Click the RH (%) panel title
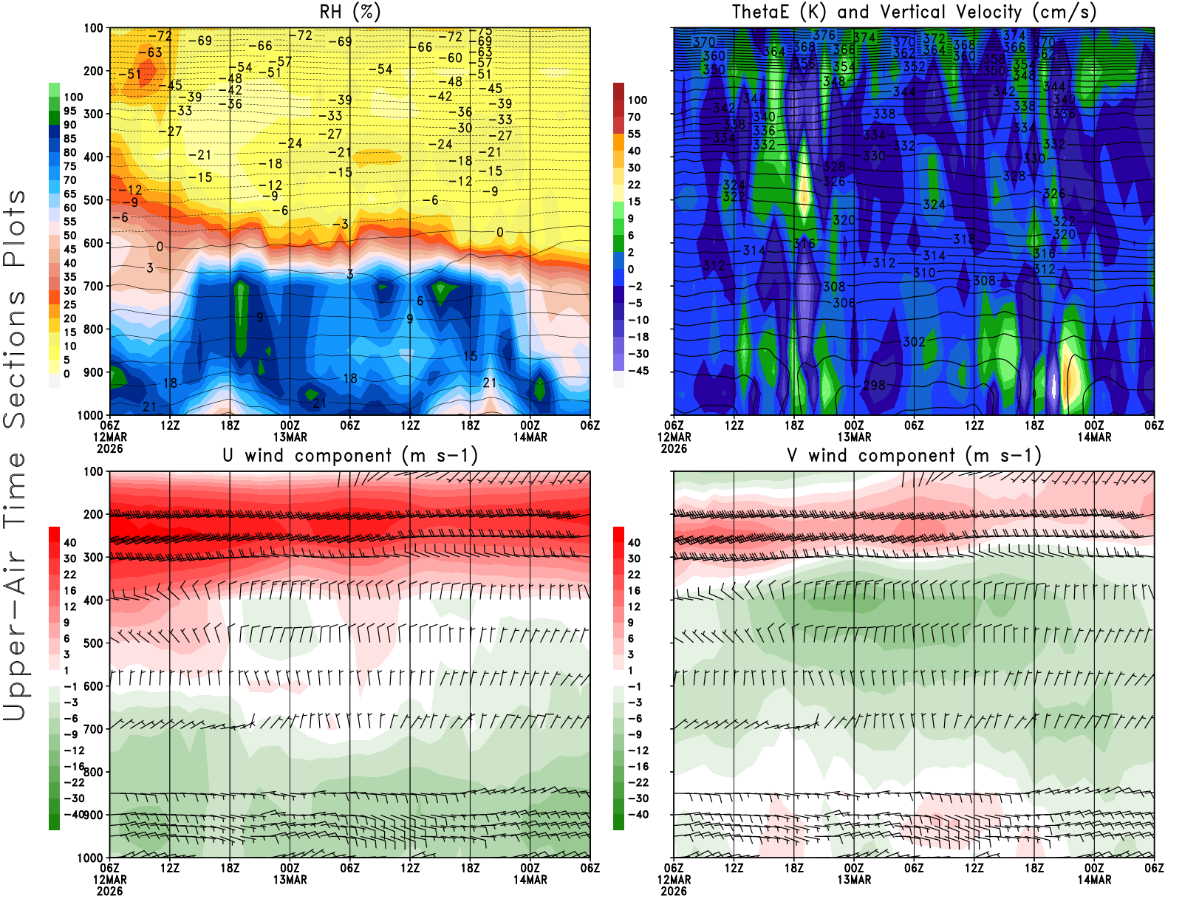tap(349, 13)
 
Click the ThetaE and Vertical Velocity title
tap(914, 13)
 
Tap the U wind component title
tap(350, 456)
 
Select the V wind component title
tap(914, 456)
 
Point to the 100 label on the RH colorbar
tap(73, 97)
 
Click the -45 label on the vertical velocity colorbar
tap(637, 371)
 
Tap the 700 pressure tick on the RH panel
tap(93, 286)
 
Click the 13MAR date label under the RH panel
tap(290, 437)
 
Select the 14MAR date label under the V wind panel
tap(1094, 880)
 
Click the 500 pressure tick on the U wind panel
tap(93, 643)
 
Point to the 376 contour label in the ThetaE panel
tap(824, 35)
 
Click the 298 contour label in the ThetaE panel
tap(874, 385)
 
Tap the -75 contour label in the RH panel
tap(484, 31)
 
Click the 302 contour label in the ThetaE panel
tap(914, 342)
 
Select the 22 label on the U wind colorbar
tap(69, 575)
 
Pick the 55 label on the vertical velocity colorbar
tap(634, 134)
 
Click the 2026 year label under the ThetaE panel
tap(674, 448)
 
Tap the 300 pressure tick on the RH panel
tap(93, 114)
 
